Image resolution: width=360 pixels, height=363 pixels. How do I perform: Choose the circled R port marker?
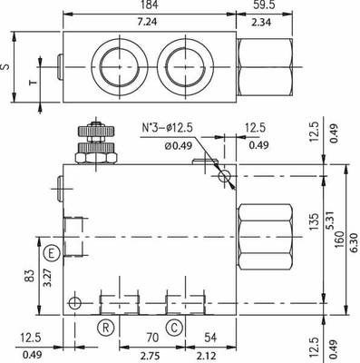pos(107,326)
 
